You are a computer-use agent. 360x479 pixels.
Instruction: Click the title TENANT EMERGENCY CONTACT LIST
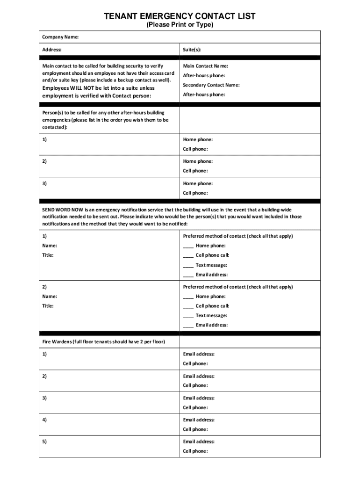pos(180,16)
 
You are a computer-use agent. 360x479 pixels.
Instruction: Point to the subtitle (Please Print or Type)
pos(180,25)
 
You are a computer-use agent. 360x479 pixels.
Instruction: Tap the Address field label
pos(52,49)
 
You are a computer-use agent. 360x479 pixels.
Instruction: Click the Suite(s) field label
pos(192,49)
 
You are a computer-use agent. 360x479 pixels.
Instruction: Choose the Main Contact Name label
pos(205,66)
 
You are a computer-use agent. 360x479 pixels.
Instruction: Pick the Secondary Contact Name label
pos(211,85)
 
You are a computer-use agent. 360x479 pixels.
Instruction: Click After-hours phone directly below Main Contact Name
pos(204,75)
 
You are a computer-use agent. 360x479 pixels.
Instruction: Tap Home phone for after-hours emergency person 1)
pos(198,139)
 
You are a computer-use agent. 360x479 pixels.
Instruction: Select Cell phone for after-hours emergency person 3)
pos(195,193)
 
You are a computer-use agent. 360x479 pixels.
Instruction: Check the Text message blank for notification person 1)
pos(188,265)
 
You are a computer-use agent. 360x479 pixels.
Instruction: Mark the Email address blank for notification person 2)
pos(188,325)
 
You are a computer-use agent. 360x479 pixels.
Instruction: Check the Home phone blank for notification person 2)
pos(188,297)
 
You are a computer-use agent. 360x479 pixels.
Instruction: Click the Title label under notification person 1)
pos(48,255)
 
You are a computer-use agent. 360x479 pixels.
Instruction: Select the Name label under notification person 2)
pos(50,297)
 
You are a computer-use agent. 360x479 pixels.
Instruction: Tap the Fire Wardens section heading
pos(103,341)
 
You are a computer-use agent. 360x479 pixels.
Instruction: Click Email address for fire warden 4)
pos(199,420)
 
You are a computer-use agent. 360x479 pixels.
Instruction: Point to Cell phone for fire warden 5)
pos(195,451)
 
